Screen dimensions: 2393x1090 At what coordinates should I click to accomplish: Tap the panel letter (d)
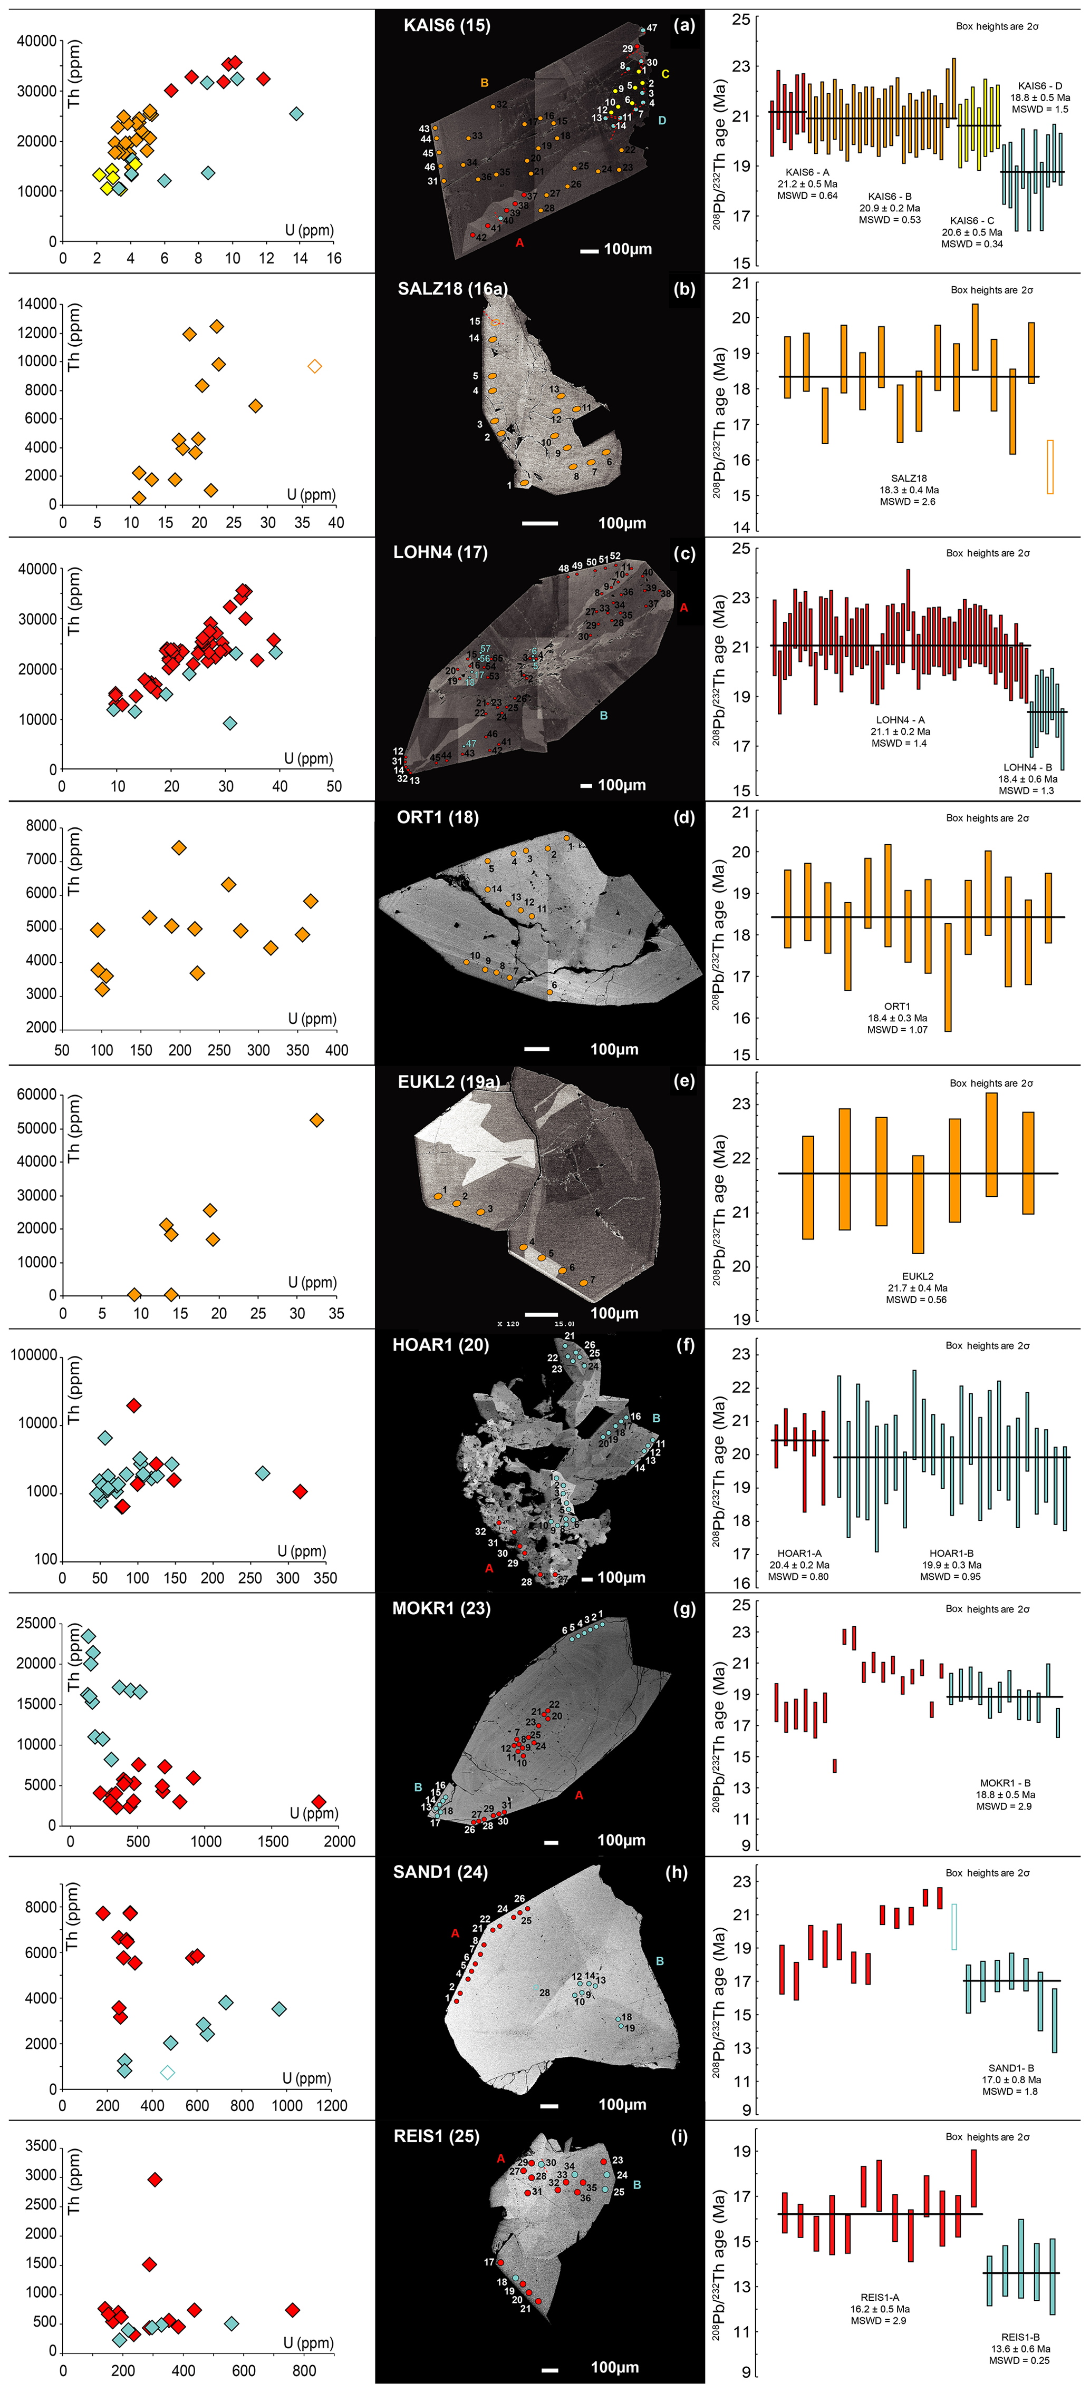(x=684, y=817)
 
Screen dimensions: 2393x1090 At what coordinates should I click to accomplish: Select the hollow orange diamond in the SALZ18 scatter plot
(x=315, y=366)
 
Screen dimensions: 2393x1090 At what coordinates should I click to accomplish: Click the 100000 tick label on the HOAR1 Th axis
(x=33, y=1355)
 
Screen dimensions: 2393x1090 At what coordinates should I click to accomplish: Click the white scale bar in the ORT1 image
(x=537, y=1049)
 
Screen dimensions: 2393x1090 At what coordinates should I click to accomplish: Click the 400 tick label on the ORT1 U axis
(x=336, y=1051)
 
